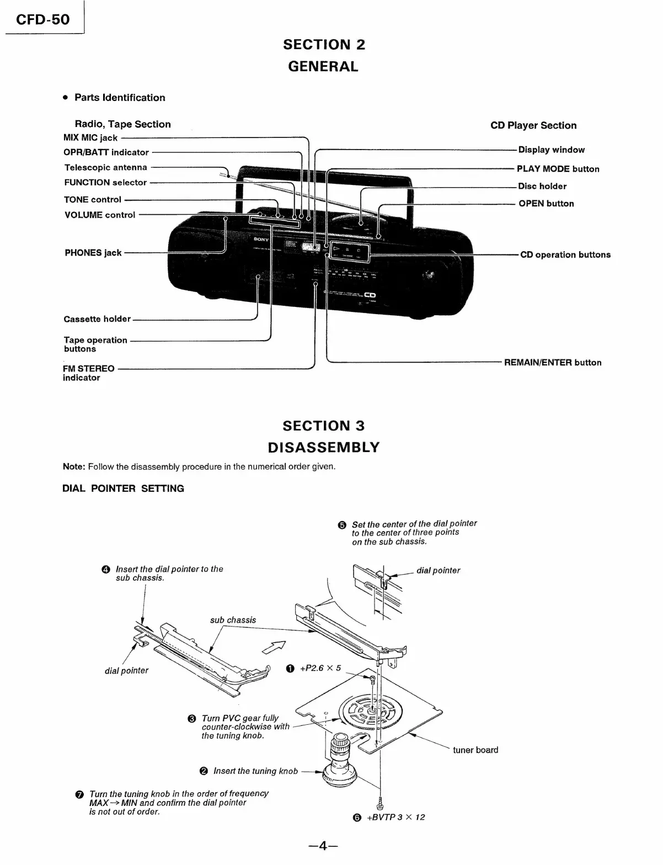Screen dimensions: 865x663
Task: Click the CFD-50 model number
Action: tap(43, 20)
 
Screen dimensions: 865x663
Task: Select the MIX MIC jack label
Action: tap(90, 138)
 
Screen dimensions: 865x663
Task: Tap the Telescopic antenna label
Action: tap(106, 167)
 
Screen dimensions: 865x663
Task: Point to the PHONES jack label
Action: tap(93, 253)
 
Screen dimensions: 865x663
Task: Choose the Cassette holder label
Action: tap(97, 319)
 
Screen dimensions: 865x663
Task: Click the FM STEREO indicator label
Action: tap(88, 373)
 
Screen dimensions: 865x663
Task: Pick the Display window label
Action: tap(551, 150)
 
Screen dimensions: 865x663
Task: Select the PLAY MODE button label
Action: tap(558, 169)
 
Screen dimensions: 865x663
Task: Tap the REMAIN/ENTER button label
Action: tap(553, 363)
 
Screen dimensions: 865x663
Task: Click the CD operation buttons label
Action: tap(565, 254)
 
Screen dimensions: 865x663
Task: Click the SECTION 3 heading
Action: tap(324, 426)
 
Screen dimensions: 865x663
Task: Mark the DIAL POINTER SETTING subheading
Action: tap(123, 489)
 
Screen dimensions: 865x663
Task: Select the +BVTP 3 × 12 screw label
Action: tap(395, 818)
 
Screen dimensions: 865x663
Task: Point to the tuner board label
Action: tap(475, 750)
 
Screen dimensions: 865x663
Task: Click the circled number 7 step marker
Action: tap(79, 795)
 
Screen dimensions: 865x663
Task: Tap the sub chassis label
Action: tap(233, 620)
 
